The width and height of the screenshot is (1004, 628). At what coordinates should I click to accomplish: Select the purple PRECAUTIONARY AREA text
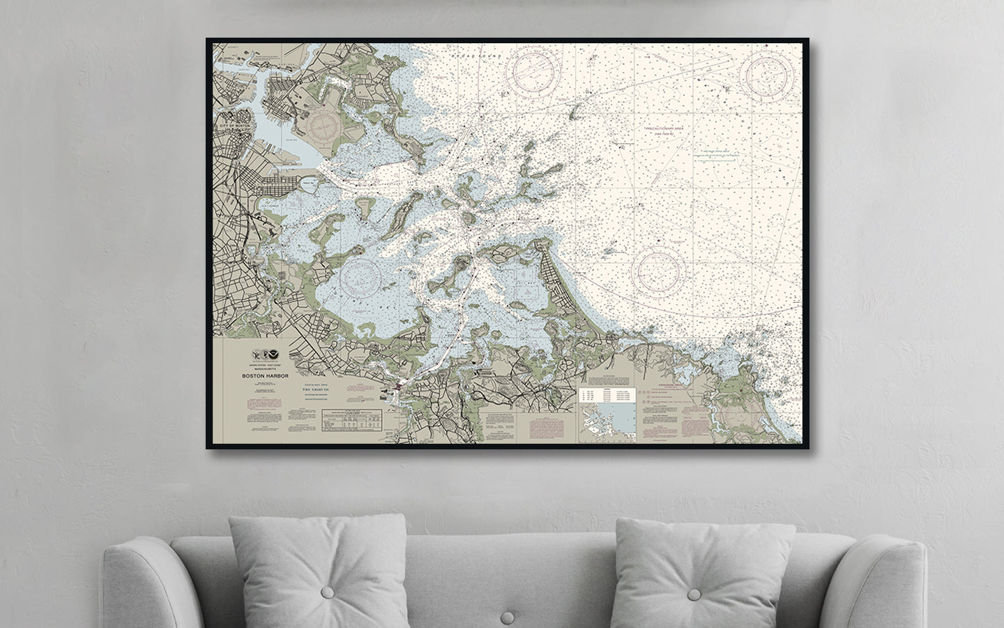pyautogui.click(x=666, y=130)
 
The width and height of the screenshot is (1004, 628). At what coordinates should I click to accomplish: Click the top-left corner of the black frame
pyautogui.click(x=207, y=40)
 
